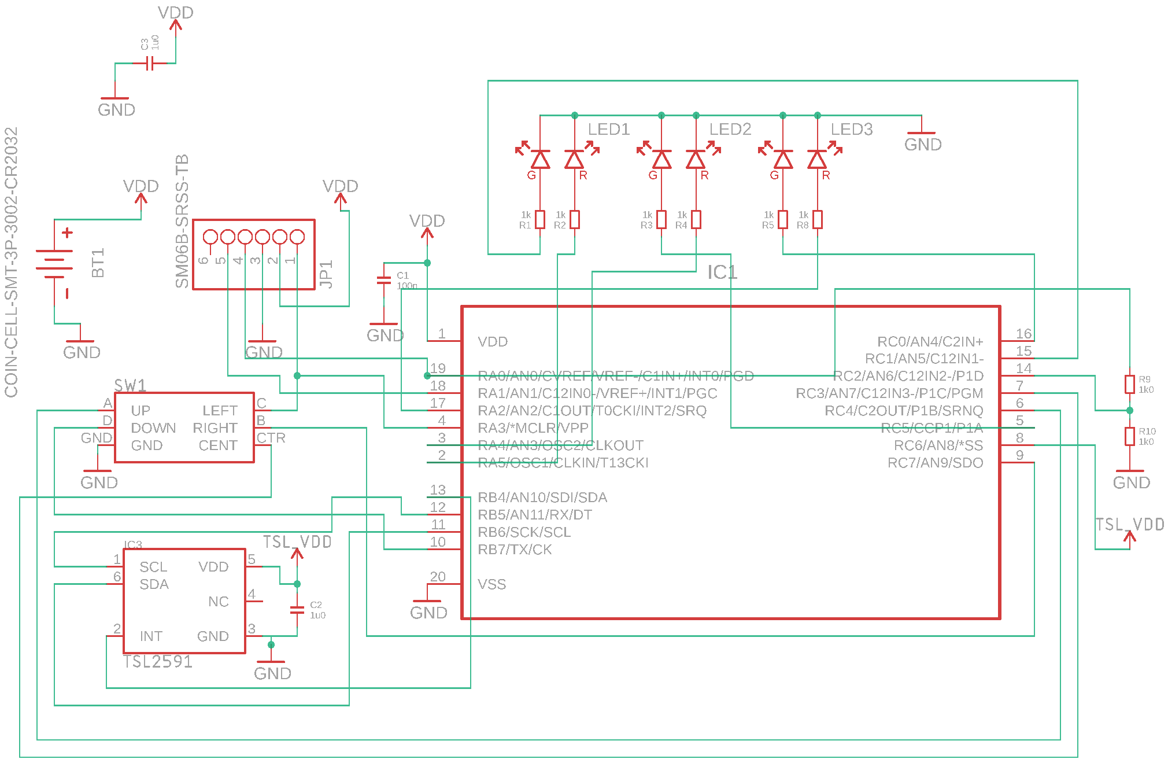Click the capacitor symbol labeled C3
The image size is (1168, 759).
click(x=150, y=63)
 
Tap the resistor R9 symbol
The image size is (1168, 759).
click(x=1129, y=384)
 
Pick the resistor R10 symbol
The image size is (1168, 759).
click(x=1129, y=436)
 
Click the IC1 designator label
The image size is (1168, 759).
click(x=722, y=272)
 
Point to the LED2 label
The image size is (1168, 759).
click(x=730, y=130)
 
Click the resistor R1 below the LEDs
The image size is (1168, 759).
click(x=540, y=220)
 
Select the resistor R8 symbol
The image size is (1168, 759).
click(x=818, y=220)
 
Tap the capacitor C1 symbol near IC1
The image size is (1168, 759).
click(x=383, y=280)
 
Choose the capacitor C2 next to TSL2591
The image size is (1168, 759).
click(x=297, y=610)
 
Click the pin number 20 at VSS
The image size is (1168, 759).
click(x=438, y=577)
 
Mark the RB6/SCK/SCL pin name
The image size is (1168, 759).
click(x=524, y=532)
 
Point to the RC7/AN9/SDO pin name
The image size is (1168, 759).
click(x=935, y=463)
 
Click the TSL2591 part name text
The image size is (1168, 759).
click(x=158, y=662)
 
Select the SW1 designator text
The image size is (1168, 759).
click(x=130, y=386)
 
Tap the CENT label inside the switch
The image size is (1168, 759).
click(x=218, y=445)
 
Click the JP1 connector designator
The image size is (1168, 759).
click(x=326, y=274)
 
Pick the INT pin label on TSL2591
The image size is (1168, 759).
click(x=151, y=636)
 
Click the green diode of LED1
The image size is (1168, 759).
click(x=540, y=159)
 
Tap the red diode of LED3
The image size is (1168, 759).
click(x=817, y=159)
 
